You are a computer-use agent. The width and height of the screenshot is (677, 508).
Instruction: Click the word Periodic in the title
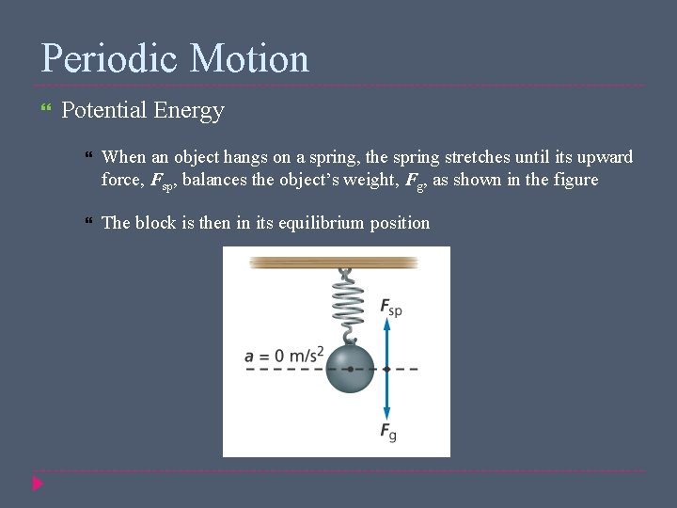tap(107, 58)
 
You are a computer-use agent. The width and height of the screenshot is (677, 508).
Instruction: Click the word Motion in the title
tap(249, 58)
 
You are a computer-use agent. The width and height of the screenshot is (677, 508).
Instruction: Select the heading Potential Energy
tap(142, 111)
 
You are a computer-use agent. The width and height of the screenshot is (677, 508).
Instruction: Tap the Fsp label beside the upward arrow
tap(390, 307)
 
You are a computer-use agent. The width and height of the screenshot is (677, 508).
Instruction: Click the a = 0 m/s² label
tap(284, 355)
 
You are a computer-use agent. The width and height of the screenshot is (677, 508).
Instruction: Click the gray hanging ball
tap(350, 369)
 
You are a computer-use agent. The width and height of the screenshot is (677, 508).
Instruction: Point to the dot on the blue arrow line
tap(386, 369)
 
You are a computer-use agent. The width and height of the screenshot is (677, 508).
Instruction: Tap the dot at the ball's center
tap(350, 369)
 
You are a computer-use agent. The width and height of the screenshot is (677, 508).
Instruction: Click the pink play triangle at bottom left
tap(38, 484)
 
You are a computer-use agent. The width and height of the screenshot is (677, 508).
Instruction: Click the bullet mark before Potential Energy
tap(46, 111)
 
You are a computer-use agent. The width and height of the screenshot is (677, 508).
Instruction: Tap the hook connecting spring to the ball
tap(349, 336)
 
